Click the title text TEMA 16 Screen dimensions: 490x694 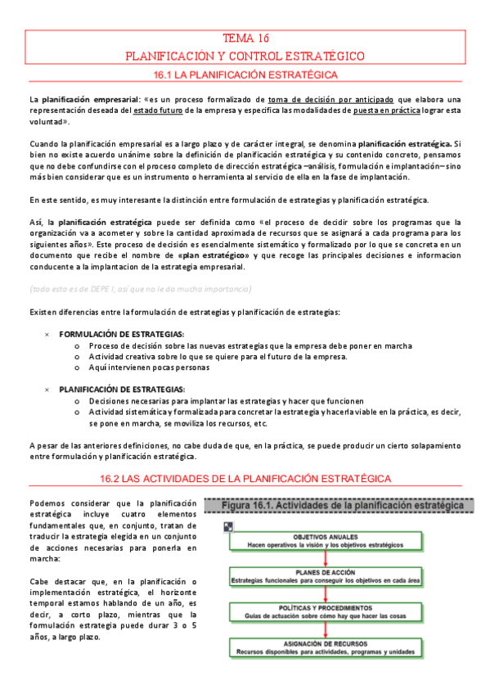point(245,38)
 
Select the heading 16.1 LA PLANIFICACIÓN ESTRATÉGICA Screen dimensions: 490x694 point(245,74)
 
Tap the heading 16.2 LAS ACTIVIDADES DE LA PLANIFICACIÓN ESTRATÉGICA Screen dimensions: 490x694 point(245,478)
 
